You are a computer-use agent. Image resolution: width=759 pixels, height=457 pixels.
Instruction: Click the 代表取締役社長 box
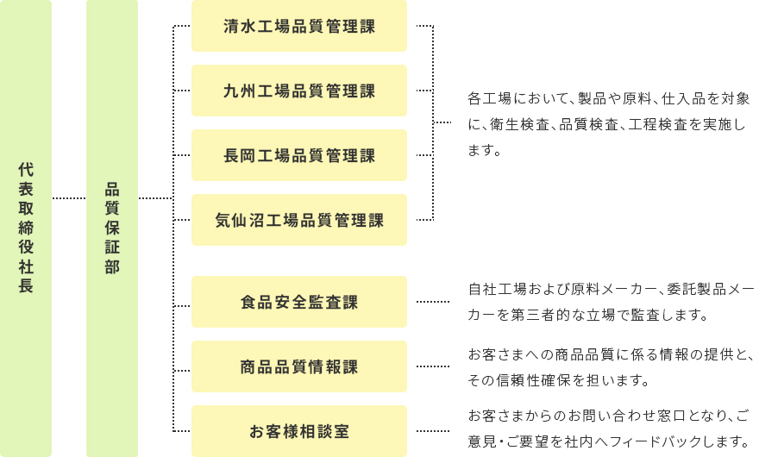point(26,228)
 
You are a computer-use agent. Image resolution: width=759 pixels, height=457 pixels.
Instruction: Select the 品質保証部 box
point(112,228)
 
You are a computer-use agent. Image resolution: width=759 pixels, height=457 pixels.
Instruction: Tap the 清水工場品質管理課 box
point(299,26)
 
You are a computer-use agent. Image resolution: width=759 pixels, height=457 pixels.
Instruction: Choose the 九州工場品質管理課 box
point(299,91)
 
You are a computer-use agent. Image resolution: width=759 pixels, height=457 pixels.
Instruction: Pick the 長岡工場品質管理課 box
point(299,155)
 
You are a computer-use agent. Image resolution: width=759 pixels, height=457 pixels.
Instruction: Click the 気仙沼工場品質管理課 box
point(299,220)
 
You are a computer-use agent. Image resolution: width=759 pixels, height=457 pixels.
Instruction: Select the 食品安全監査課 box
point(299,302)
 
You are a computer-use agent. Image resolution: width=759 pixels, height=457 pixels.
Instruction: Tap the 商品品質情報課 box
point(299,366)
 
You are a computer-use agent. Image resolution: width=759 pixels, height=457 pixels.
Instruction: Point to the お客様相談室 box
point(299,431)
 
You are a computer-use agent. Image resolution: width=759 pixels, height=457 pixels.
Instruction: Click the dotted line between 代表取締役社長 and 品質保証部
point(69,198)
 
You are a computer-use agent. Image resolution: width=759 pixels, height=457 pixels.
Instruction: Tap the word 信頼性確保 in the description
point(535,379)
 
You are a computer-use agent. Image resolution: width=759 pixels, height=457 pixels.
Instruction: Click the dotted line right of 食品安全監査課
point(433,302)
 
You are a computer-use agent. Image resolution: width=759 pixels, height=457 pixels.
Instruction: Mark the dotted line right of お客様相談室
point(433,431)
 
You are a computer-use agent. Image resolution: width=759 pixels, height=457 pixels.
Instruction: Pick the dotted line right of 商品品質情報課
point(433,366)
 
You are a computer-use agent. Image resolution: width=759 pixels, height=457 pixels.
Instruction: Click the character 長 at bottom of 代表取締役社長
point(26,286)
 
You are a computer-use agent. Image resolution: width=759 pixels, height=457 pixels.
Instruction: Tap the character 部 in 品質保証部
point(112,267)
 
